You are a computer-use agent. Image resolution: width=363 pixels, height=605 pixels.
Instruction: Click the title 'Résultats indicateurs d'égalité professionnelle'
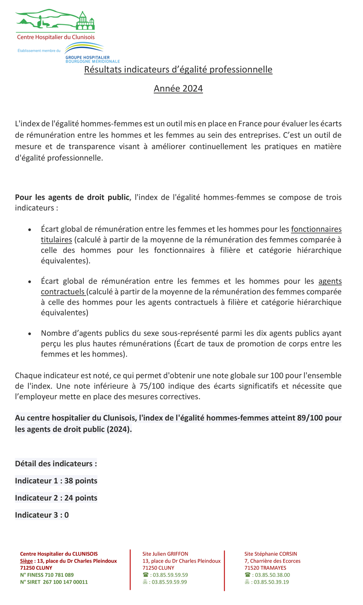pyautogui.click(x=178, y=69)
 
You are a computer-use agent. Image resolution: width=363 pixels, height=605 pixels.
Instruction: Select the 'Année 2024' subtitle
pyautogui.click(x=178, y=88)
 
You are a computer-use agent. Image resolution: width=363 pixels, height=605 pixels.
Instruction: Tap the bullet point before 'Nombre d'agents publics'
pyautogui.click(x=29, y=334)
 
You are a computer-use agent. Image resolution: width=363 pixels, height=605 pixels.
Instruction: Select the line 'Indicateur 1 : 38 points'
pyautogui.click(x=56, y=481)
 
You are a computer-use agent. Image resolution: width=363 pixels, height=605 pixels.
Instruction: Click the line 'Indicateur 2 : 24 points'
pyautogui.click(x=56, y=498)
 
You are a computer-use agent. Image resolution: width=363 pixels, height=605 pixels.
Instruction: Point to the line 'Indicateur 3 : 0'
pyautogui.click(x=42, y=515)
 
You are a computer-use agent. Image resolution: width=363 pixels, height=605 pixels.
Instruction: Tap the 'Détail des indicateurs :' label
pyautogui.click(x=56, y=464)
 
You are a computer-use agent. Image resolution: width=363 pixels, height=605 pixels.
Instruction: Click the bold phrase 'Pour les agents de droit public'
pyautogui.click(x=72, y=197)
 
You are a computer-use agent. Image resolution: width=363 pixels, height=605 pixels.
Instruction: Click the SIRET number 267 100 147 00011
pyautogui.click(x=65, y=582)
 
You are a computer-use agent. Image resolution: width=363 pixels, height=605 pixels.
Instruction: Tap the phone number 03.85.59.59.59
pyautogui.click(x=169, y=575)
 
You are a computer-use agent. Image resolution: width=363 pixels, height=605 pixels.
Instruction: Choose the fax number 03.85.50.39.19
pyautogui.click(x=272, y=582)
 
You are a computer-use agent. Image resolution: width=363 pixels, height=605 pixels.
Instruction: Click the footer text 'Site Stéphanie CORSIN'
pyautogui.click(x=271, y=554)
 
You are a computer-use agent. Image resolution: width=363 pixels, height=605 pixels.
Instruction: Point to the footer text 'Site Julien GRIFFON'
pyautogui.click(x=165, y=554)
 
